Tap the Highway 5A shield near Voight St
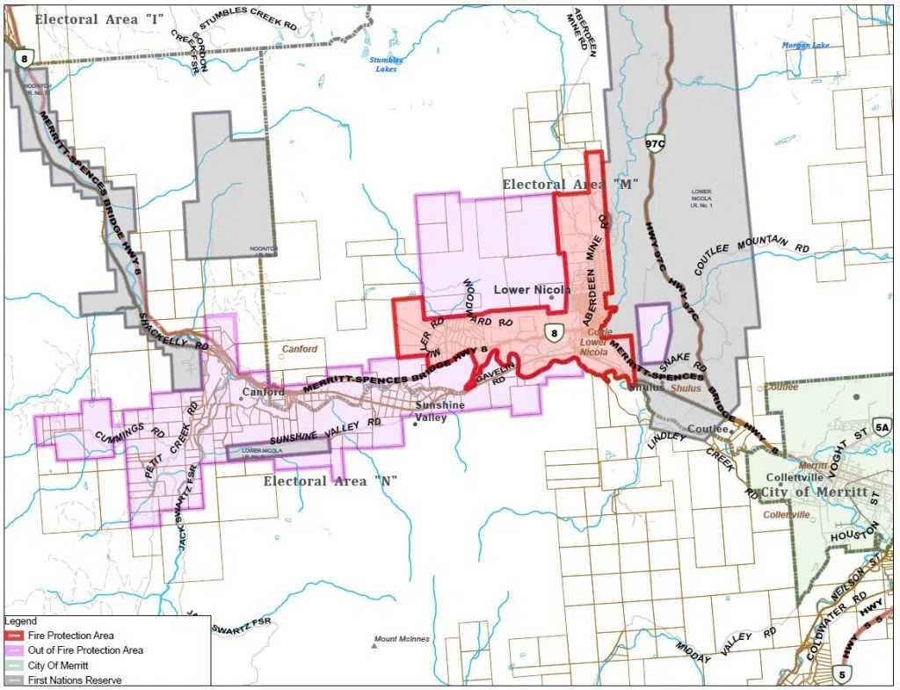pos(882,427)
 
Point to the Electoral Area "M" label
pos(570,184)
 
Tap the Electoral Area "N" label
pos(330,481)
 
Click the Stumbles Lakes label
pos(386,64)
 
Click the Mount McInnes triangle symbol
pos(374,646)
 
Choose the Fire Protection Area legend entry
pos(62,636)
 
